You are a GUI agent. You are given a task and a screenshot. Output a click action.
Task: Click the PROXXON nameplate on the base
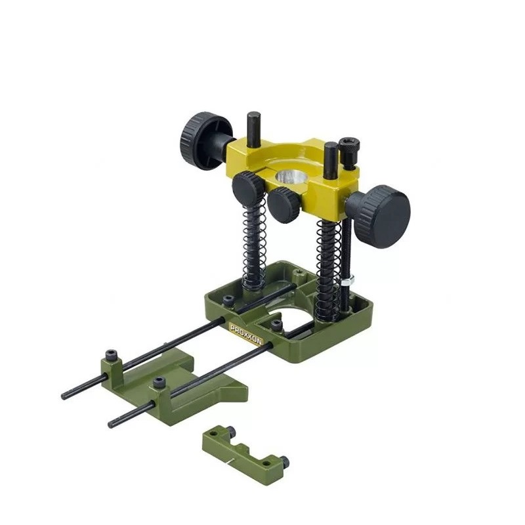coord(246,334)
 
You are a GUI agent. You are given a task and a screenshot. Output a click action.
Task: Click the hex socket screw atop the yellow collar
coord(348,152)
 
